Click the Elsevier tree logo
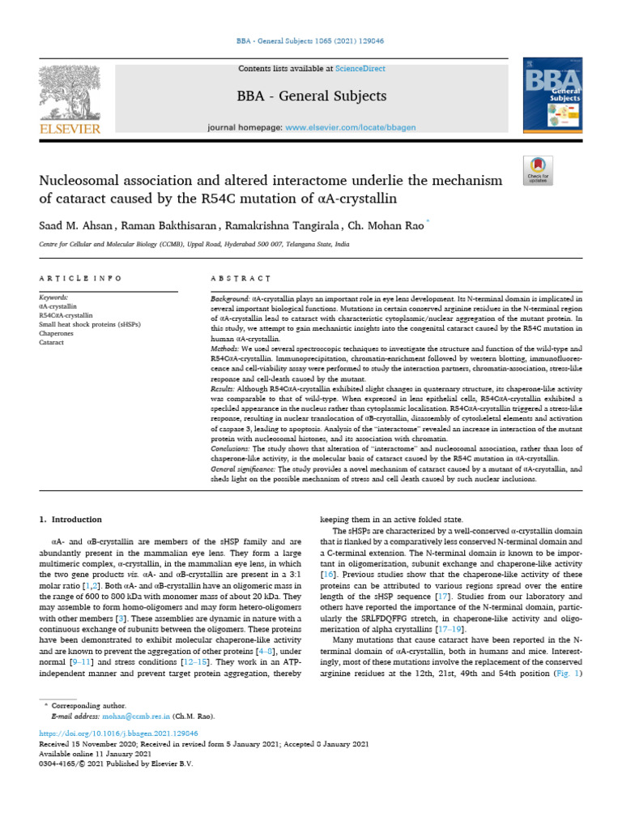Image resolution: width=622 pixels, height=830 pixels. click(x=70, y=93)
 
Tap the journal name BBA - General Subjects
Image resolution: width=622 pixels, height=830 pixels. click(x=311, y=96)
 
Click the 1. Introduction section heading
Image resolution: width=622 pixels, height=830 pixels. click(x=71, y=520)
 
